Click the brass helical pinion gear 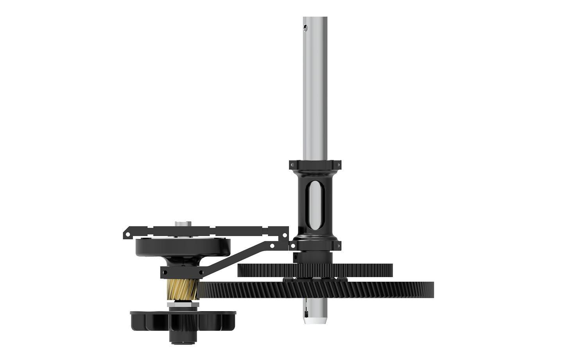[x=183, y=290]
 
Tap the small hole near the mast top [x=306, y=27]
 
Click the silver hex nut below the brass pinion [x=183, y=304]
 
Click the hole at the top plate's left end [x=127, y=234]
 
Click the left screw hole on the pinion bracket [x=165, y=272]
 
